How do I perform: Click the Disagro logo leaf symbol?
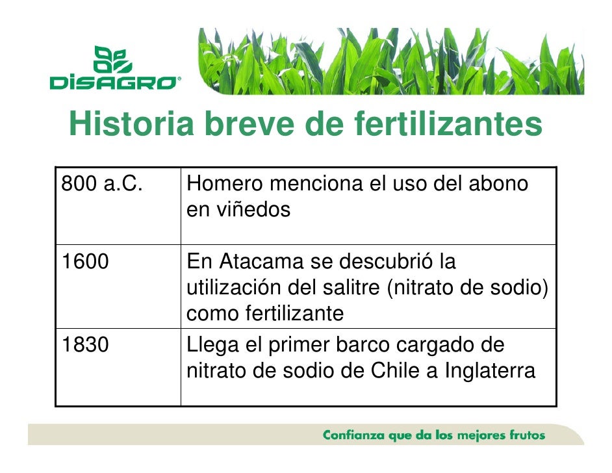[x=114, y=59]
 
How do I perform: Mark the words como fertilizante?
[x=264, y=314]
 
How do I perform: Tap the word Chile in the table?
[x=397, y=372]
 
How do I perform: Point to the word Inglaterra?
[x=491, y=372]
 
